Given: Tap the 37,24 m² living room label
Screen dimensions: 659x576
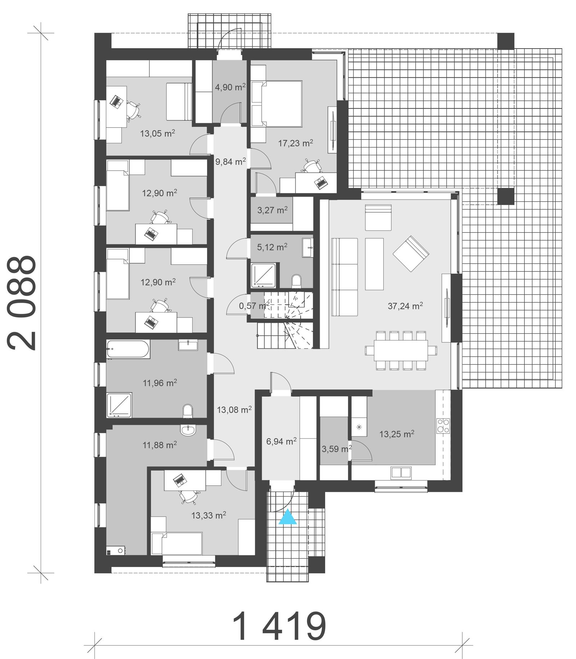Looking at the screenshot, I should [x=405, y=306].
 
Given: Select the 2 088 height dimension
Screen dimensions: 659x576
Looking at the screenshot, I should [x=22, y=303].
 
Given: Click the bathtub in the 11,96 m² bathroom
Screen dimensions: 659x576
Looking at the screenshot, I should [x=128, y=349].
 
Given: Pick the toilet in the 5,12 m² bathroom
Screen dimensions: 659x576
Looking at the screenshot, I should [x=296, y=280].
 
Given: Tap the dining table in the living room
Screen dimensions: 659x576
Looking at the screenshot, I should [x=401, y=350].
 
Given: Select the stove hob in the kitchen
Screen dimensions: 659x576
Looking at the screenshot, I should [x=443, y=426].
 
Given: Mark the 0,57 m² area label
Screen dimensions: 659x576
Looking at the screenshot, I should [x=254, y=306].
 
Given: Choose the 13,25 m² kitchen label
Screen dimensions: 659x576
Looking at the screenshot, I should [x=396, y=434].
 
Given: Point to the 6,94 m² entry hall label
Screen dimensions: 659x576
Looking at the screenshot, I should [x=281, y=441].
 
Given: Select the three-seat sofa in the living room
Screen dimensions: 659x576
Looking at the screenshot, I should [x=345, y=277].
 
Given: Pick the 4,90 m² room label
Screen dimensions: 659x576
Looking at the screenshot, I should [x=230, y=87].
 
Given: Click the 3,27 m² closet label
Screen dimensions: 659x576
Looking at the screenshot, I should [x=272, y=210].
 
